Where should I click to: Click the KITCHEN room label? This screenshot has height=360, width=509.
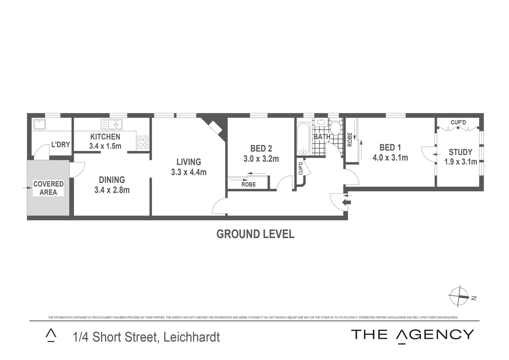coord(105,137)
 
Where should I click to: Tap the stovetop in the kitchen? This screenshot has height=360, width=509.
coord(143,142)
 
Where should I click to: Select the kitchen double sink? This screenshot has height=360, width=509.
coord(112,125)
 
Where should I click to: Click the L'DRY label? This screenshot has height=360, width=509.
coord(60,145)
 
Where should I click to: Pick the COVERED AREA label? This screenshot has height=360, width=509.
coord(48,188)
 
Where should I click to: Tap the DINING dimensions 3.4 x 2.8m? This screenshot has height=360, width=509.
coord(112,190)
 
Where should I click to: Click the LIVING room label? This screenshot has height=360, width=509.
coord(189,162)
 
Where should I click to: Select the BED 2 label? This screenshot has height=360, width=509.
coord(261,148)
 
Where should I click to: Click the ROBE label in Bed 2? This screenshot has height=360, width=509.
coord(249,184)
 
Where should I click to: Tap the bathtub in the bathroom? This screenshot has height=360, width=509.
coord(303,139)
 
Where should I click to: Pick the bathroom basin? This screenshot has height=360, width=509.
coord(321,122)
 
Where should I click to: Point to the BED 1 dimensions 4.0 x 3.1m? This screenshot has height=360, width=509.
coord(390,157)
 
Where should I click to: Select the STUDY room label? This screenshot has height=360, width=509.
coord(460,152)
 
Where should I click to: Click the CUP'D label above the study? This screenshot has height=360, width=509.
coord(458,122)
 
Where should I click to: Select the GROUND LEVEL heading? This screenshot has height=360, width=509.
coord(255,234)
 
